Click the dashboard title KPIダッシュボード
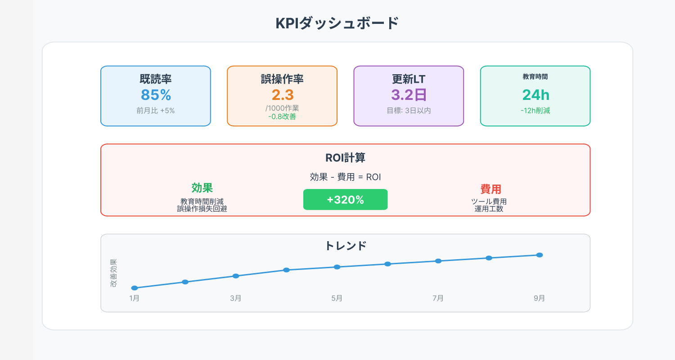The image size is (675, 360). coord(337,23)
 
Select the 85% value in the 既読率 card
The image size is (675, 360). coord(156,95)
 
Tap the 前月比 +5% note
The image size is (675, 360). coord(156,110)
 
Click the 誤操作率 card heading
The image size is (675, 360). coord(282,79)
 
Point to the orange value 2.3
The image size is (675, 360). coord(282,95)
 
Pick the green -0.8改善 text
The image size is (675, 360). coord(282,117)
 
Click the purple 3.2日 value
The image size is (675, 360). coord(409,95)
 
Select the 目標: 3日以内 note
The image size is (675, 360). coord(409,110)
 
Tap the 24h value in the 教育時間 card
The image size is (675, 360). coord(535,95)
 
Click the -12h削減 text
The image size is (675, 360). coord(535,111)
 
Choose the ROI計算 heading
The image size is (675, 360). coord(345,158)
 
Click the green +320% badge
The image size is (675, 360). coord(345,200)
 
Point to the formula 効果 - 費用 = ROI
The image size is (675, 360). coord(345,177)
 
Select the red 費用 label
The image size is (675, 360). coord(490,189)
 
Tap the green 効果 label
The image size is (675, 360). coord(202,188)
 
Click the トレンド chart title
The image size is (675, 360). coord(345,246)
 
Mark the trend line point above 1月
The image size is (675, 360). coord(134,288)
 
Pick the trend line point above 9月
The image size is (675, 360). coord(540,255)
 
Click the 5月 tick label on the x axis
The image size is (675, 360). coord(337,298)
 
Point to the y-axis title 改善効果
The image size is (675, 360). coord(113,273)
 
